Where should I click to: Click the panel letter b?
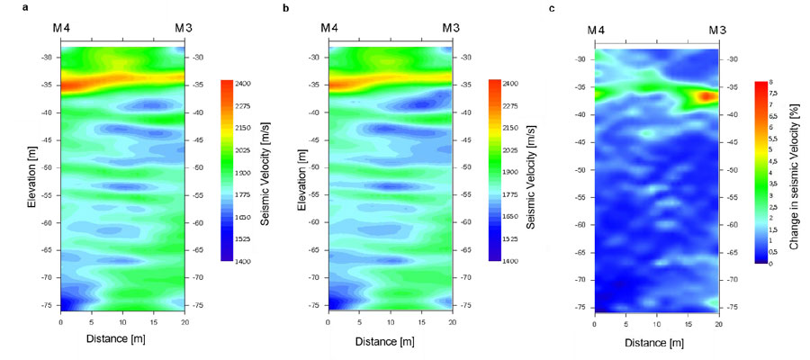[x=285, y=8]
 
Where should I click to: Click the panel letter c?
[x=551, y=8]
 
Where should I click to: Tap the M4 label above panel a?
[x=61, y=29]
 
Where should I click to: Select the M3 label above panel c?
[x=717, y=31]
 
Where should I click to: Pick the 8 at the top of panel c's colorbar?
[x=772, y=82]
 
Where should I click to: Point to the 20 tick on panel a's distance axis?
[x=184, y=321]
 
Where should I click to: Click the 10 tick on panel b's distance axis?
[x=390, y=321]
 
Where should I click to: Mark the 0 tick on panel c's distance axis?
[x=595, y=321]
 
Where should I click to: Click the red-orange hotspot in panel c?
[x=706, y=94]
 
